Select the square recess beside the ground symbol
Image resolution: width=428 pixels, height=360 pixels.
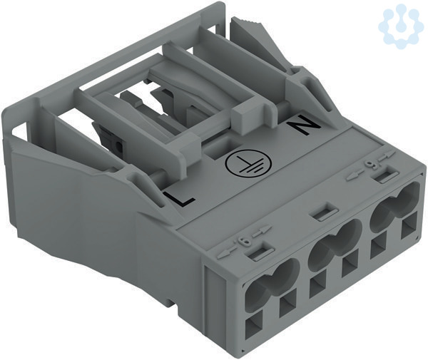pyautogui.click(x=222, y=148)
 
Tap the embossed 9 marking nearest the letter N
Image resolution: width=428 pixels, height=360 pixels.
pyautogui.click(x=370, y=165)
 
